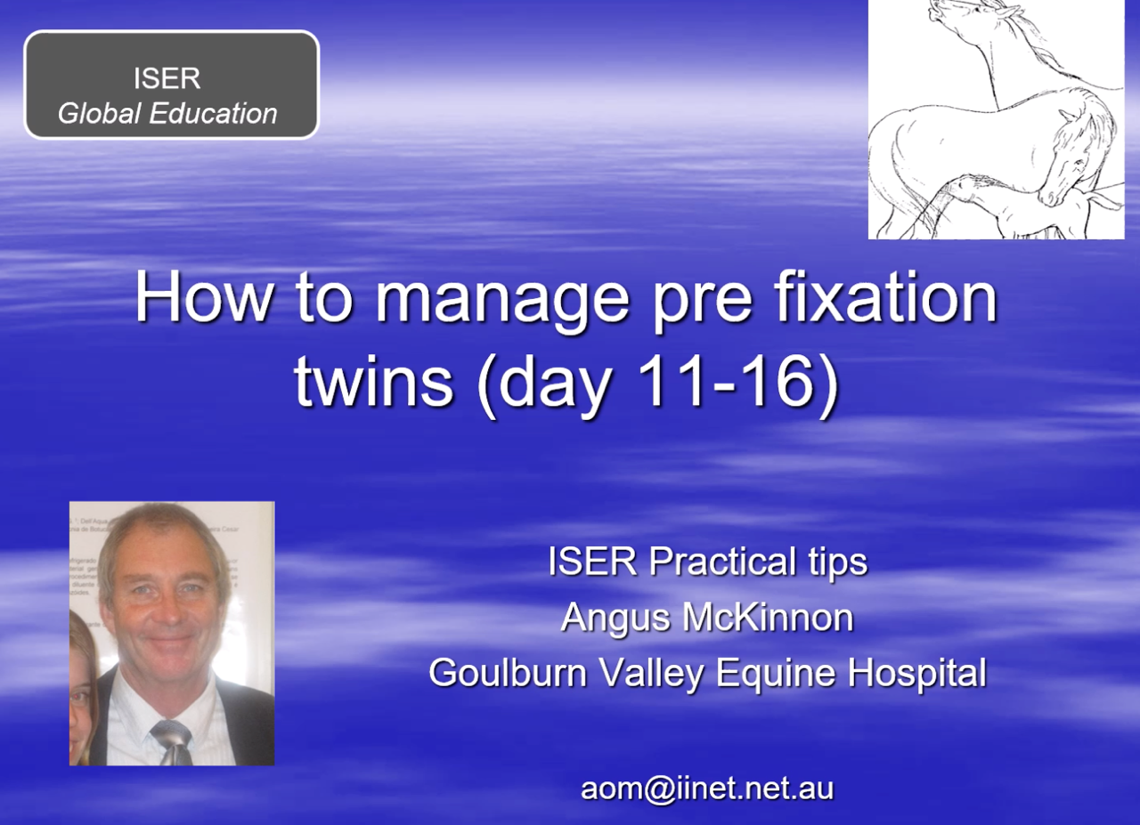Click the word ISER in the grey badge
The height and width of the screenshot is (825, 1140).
167,78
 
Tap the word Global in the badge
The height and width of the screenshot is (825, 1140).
99,113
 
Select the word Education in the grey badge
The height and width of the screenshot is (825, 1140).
213,113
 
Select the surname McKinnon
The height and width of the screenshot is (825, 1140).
768,617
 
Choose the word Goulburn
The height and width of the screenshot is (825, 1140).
508,672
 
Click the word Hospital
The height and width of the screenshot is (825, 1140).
916,674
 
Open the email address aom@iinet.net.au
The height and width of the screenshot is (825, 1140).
707,789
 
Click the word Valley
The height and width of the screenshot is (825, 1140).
650,674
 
